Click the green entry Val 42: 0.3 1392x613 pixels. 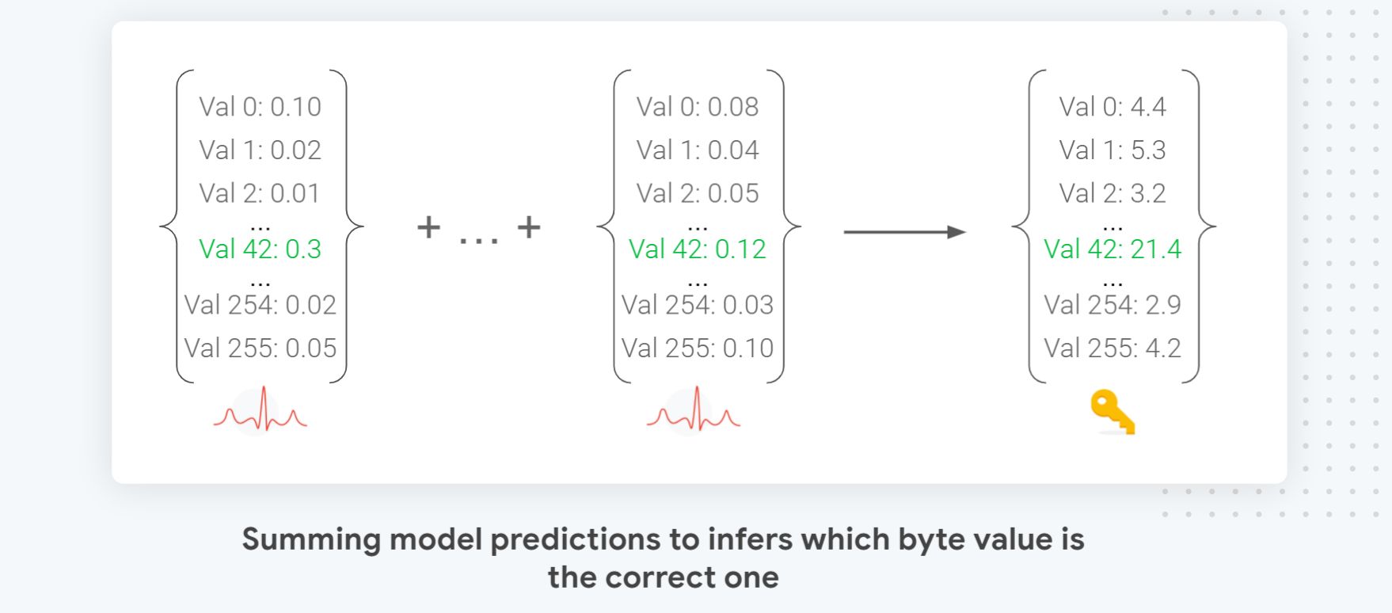[260, 249]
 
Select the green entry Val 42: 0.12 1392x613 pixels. [697, 249]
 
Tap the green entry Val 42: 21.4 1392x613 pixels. [1112, 249]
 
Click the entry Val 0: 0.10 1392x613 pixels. [260, 107]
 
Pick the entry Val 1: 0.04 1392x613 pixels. [697, 150]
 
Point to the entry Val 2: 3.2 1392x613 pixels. [1112, 193]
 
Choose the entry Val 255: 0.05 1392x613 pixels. [260, 348]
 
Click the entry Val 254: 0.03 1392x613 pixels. [697, 305]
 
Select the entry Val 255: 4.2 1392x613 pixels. [1112, 348]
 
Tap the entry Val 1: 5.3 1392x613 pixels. [1112, 150]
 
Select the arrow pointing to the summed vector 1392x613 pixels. [904, 232]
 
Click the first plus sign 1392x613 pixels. [428, 228]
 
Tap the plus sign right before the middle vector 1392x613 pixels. [528, 228]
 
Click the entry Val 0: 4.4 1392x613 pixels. [1112, 107]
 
